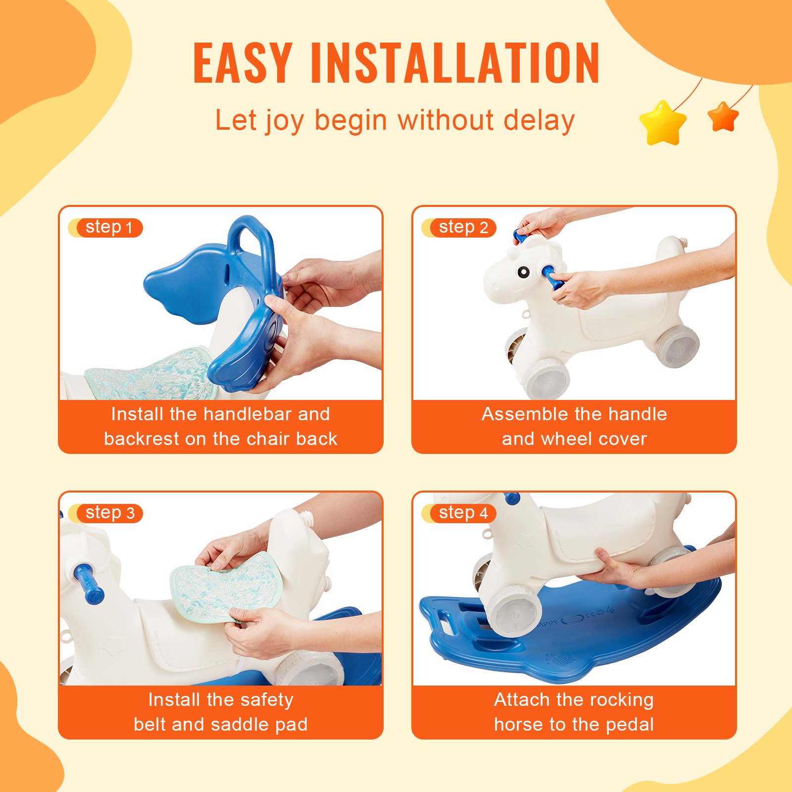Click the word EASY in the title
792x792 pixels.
243,63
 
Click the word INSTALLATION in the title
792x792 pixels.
455,63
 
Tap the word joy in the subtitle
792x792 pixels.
284,121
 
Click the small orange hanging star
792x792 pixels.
723,117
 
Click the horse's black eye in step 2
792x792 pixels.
523,272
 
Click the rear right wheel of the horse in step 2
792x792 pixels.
678,346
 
